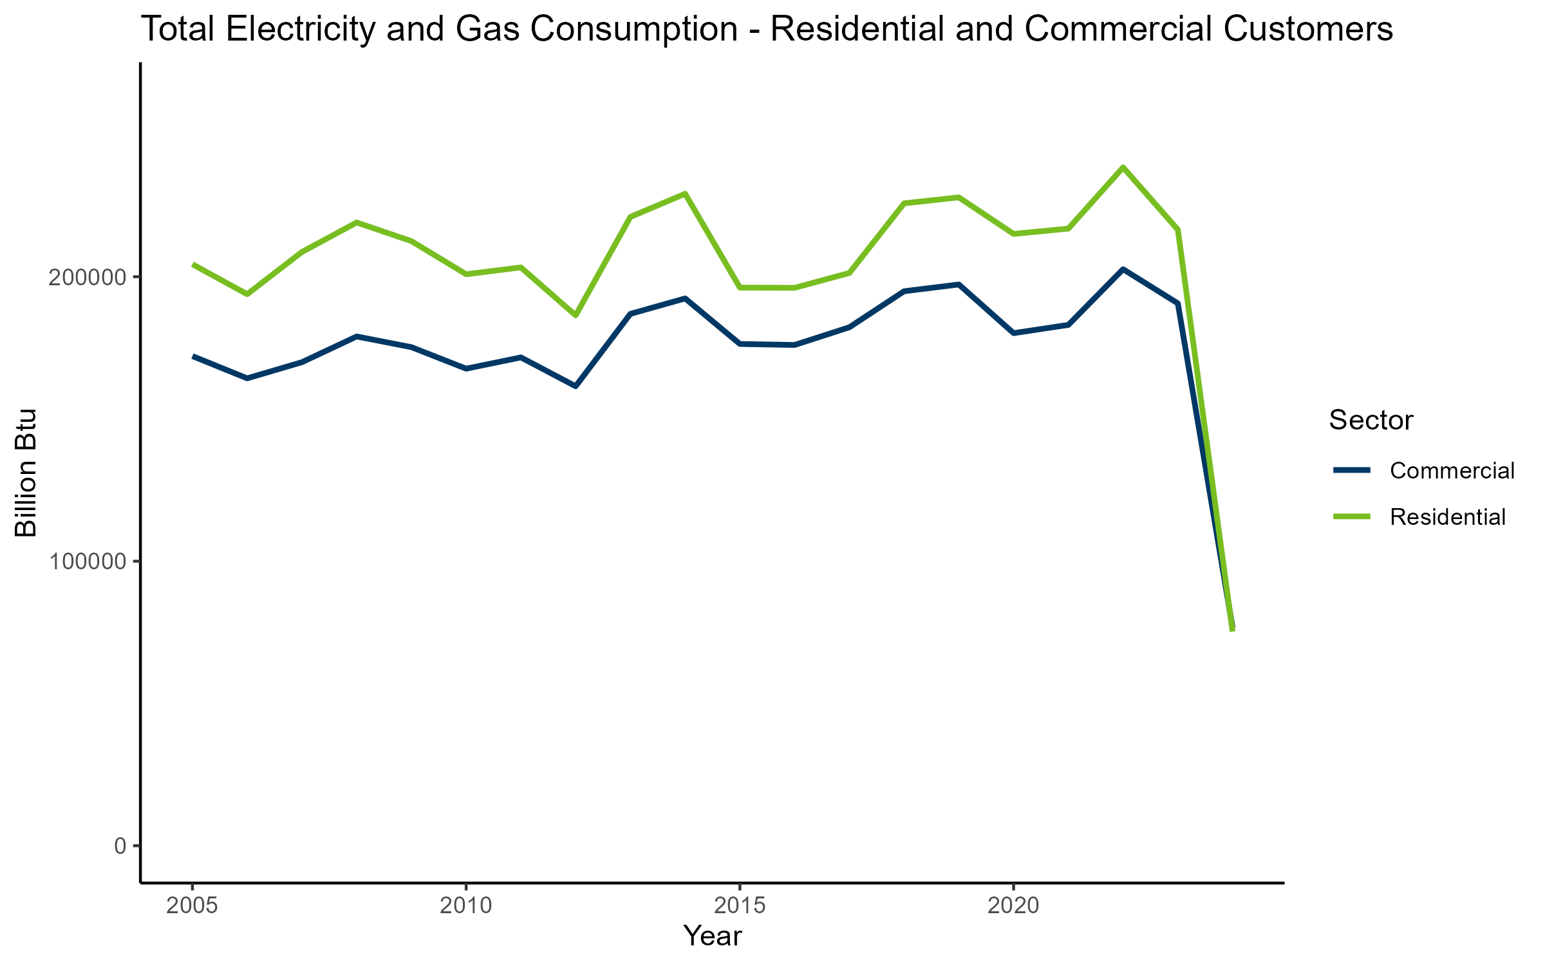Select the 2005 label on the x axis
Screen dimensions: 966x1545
[192, 906]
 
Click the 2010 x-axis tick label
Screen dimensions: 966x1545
[465, 906]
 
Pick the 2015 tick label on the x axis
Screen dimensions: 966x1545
[740, 906]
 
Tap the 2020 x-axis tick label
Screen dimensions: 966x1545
[1013, 906]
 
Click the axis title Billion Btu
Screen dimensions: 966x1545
[26, 473]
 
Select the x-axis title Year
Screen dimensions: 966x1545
[712, 936]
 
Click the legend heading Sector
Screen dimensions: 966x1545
[1371, 421]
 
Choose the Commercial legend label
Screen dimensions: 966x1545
[1452, 471]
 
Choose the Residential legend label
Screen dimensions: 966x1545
[1447, 516]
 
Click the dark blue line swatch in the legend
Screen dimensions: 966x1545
[1352, 470]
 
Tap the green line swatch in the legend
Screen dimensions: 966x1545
[1352, 516]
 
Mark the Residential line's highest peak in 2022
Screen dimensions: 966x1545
[1123, 167]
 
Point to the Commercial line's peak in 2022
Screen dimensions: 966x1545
[1123, 269]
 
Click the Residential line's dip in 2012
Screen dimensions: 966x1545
[576, 316]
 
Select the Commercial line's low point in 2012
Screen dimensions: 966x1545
[576, 386]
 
